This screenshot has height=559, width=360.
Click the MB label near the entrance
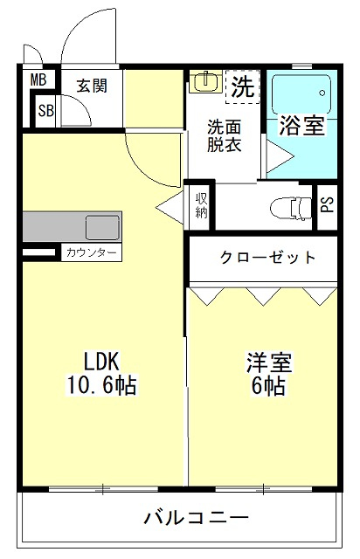(x=38, y=80)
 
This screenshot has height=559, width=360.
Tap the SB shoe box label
(x=45, y=111)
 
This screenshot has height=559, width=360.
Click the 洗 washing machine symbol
(x=244, y=86)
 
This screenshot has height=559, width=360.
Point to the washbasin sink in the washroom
(x=204, y=83)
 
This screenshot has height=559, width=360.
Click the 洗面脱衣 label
(x=224, y=135)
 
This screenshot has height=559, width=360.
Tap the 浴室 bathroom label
(x=301, y=125)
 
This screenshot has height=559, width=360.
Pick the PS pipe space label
(x=327, y=206)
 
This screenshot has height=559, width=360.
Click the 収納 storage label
(x=201, y=206)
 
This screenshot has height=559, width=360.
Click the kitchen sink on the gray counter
(x=103, y=226)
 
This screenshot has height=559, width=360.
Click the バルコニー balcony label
(x=196, y=517)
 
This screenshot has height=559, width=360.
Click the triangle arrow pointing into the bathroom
(x=278, y=158)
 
